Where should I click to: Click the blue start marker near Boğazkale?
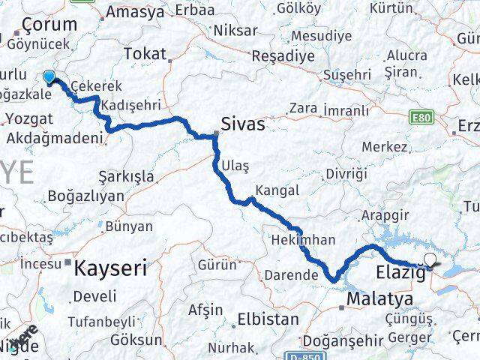coord(49,76)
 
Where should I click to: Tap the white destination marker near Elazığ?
coord(430,260)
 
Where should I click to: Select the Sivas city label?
coord(242,124)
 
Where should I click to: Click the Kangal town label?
coord(277,190)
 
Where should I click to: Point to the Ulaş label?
coord(230,165)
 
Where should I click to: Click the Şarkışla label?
coord(126,177)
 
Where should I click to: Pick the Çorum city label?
coord(49,24)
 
